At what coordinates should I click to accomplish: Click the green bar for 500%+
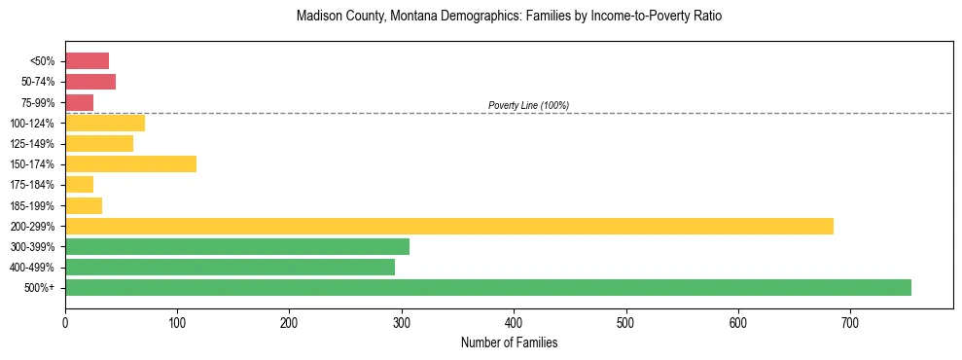[487, 287]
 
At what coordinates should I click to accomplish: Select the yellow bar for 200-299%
[448, 226]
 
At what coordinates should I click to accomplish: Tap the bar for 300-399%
[236, 246]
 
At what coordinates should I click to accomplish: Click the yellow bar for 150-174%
[130, 163]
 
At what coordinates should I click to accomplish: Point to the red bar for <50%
[87, 61]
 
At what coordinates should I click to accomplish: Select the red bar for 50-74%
[90, 82]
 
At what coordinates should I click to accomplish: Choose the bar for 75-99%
[79, 102]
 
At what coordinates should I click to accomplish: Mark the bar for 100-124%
[105, 123]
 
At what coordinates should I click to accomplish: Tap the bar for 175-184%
[79, 184]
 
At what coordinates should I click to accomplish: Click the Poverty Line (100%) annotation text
[528, 105]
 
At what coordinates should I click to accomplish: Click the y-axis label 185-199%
[32, 205]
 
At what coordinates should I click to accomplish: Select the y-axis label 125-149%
[32, 144]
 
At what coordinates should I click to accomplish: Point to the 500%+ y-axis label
[40, 288]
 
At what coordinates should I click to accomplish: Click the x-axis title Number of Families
[509, 342]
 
